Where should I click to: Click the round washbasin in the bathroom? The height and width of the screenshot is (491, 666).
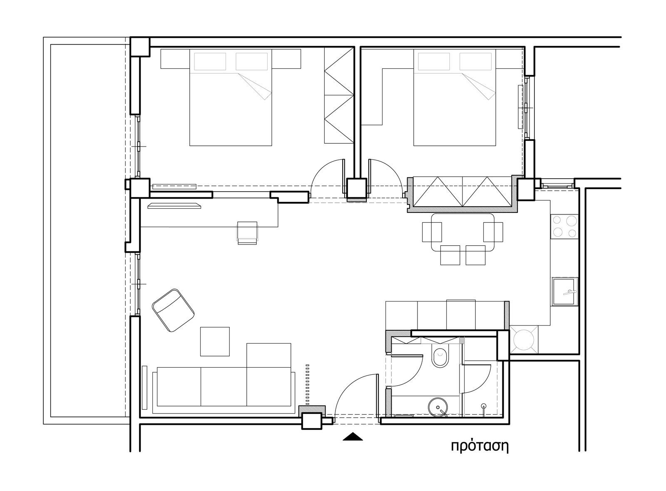click(437, 407)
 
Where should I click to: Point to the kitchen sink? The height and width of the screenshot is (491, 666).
click(565, 292)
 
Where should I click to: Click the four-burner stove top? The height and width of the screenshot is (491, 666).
click(564, 226)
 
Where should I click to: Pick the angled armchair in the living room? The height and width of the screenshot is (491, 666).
click(173, 310)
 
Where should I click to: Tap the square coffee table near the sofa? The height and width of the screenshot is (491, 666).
click(215, 341)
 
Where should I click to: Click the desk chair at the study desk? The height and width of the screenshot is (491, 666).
click(247, 233)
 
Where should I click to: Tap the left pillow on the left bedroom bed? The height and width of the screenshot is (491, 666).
click(210, 62)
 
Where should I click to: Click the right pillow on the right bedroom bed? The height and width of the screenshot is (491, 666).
click(475, 62)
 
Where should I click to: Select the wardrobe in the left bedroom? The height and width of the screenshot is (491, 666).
click(339, 96)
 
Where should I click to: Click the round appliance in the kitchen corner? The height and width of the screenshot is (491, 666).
click(524, 340)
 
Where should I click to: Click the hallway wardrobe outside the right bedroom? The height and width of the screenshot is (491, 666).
click(462, 192)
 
